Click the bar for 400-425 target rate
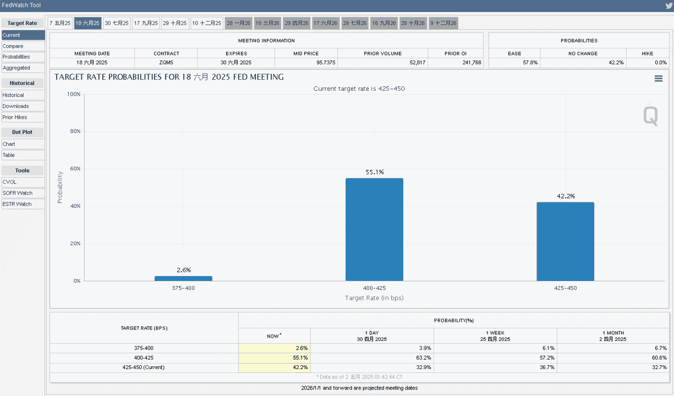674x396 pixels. click(x=374, y=229)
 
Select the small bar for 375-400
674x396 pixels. click(x=183, y=278)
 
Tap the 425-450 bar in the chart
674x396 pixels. click(x=566, y=241)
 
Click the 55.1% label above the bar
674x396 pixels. click(x=375, y=172)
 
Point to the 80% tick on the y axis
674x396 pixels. click(x=75, y=131)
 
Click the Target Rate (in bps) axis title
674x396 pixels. click(x=374, y=298)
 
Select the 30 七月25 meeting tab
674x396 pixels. click(x=117, y=23)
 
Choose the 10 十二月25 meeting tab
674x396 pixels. click(x=206, y=23)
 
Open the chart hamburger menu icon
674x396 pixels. click(x=659, y=79)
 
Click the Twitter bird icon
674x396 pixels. click(x=668, y=5)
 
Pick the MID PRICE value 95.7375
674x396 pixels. click(x=326, y=63)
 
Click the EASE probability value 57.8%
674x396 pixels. click(x=530, y=63)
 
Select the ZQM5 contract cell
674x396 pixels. click(x=166, y=63)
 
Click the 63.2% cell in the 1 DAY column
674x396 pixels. click(x=425, y=358)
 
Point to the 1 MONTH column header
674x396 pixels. click(x=612, y=336)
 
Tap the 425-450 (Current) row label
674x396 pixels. click(x=144, y=367)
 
